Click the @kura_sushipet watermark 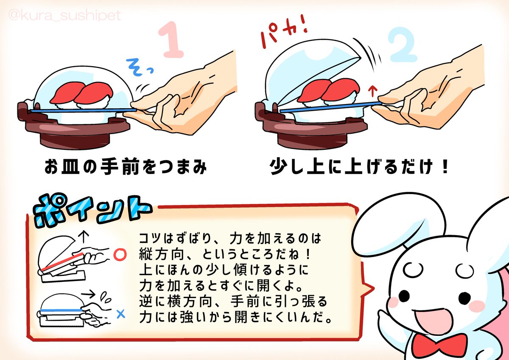click(x=65, y=16)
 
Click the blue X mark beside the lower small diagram click(x=120, y=315)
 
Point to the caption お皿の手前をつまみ click(x=126, y=167)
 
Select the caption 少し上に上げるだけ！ click(x=359, y=167)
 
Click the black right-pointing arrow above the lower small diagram click(x=88, y=295)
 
